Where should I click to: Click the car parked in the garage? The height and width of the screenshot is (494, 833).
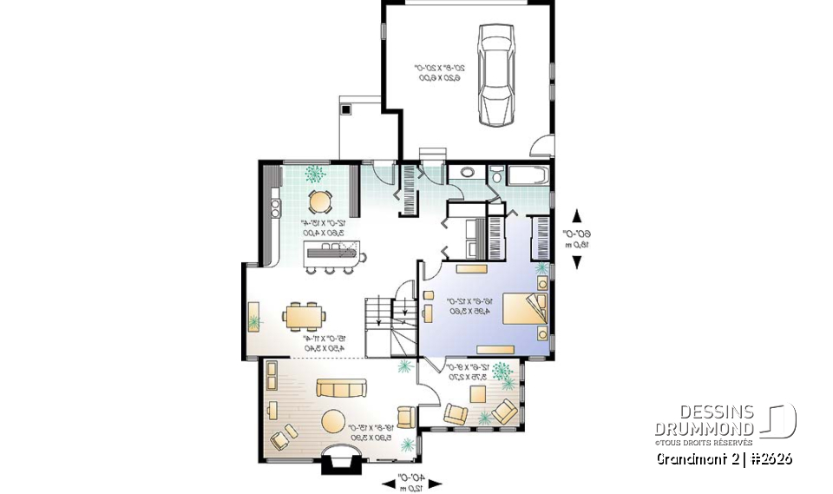(x=496, y=76)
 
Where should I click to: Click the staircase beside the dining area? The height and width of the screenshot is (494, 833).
(x=390, y=326)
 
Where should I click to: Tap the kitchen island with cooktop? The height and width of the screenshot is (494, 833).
(x=333, y=254)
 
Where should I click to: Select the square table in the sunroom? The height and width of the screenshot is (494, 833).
(x=477, y=394)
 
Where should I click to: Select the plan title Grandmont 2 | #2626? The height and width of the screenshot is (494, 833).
(x=724, y=458)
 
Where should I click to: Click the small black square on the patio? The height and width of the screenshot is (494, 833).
(x=345, y=110)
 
